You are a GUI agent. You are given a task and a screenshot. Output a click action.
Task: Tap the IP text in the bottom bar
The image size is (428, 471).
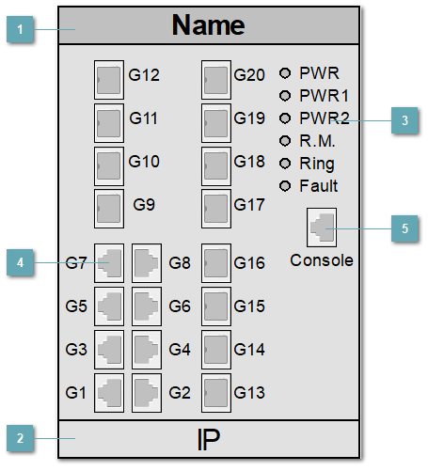[x=208, y=439]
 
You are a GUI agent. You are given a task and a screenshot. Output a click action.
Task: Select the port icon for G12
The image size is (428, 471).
[x=110, y=80]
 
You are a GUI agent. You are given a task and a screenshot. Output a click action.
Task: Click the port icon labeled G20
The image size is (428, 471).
[x=216, y=80]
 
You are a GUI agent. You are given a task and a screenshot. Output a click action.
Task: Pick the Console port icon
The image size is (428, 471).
[x=322, y=227]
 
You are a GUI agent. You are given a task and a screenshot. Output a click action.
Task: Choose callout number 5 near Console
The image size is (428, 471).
[x=404, y=228]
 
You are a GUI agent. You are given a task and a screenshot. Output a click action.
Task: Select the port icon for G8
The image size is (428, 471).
[x=147, y=263]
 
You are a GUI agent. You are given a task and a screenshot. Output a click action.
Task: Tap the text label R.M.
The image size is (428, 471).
[x=317, y=141]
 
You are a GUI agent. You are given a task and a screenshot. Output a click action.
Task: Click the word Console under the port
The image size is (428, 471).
[x=322, y=259]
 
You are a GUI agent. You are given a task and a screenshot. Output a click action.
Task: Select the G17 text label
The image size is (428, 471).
[x=249, y=205]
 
